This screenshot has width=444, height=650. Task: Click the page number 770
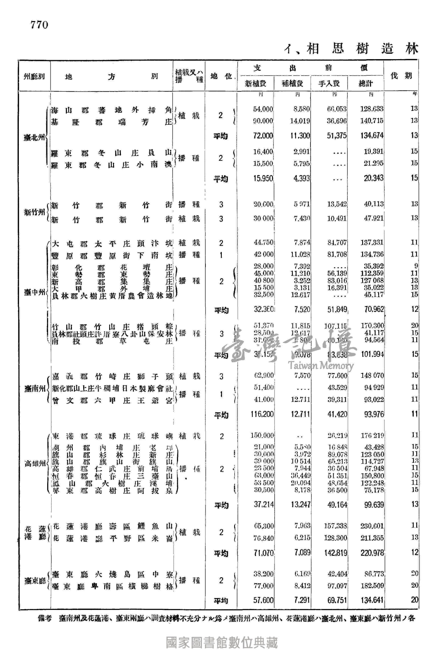tap(39, 25)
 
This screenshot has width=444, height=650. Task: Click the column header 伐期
tap(401, 76)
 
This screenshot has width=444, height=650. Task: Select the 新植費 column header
tap(255, 83)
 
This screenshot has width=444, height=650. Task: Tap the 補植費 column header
tap(292, 83)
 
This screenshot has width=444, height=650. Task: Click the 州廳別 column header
tap(34, 76)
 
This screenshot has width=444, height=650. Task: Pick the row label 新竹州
tap(34, 213)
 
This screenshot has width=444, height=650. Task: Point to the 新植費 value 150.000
tap(262, 435)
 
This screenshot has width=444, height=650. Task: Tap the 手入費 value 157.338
tap(335, 526)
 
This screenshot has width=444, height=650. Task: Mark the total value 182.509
tap(372, 585)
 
